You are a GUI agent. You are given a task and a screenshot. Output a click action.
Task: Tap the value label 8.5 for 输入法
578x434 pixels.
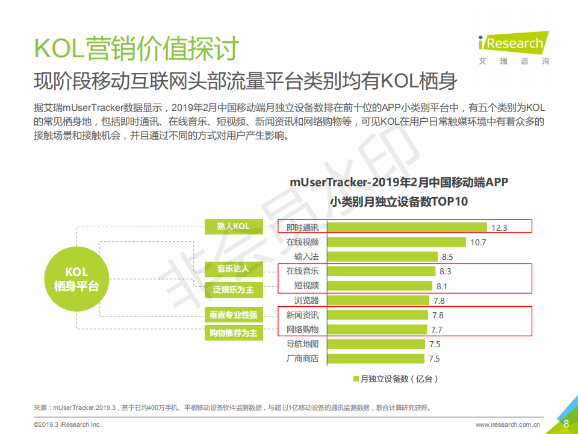(x=447, y=257)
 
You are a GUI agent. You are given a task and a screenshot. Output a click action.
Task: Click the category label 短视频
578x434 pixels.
(x=306, y=286)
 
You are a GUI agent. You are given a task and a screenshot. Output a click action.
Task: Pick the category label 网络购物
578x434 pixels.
(x=302, y=329)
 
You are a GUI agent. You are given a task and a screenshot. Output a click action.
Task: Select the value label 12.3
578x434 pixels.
(x=500, y=228)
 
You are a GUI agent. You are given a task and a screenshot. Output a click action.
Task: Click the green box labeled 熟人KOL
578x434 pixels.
(x=234, y=227)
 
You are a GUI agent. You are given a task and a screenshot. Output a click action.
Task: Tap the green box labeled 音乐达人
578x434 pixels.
(x=234, y=268)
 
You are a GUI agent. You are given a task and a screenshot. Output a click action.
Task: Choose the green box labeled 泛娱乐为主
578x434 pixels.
(x=234, y=290)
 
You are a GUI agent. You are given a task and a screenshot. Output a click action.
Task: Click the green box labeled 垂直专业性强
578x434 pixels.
(x=234, y=315)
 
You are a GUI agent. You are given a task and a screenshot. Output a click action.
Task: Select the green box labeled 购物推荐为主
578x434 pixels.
(x=234, y=333)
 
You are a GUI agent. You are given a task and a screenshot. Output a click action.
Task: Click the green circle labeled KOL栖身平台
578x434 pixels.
(x=72, y=279)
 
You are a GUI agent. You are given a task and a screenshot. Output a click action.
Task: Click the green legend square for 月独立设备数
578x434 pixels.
(x=356, y=379)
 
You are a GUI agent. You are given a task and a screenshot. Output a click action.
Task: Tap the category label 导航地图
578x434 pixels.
(x=302, y=344)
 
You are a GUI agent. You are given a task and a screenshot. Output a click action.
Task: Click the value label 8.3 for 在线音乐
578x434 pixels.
(x=446, y=272)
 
